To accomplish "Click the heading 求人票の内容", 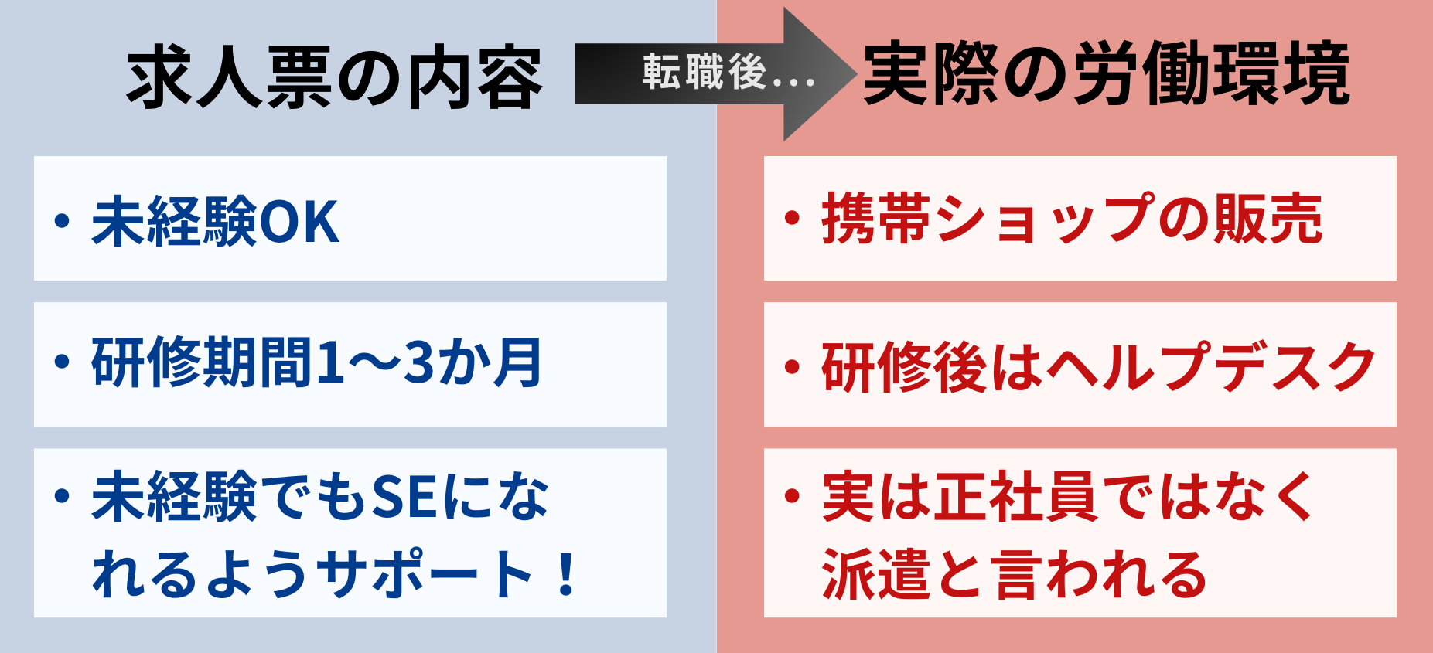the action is tap(335, 77).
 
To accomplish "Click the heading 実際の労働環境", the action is tap(1107, 73).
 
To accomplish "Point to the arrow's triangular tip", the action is tap(855, 74).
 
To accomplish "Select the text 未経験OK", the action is tap(216, 222).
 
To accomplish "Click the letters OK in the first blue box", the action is tap(299, 223).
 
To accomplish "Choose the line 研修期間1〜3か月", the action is tap(317, 362).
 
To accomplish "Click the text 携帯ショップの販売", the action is tap(1073, 219).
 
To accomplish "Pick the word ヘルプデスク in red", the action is tap(1212, 366).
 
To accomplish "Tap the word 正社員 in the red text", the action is tap(1016, 497).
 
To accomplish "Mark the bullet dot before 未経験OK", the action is tap(63, 221).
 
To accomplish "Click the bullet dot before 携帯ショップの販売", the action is tap(792, 218).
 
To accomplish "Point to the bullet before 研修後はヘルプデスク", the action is tap(792, 367).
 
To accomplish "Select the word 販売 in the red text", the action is tap(1268, 219).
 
